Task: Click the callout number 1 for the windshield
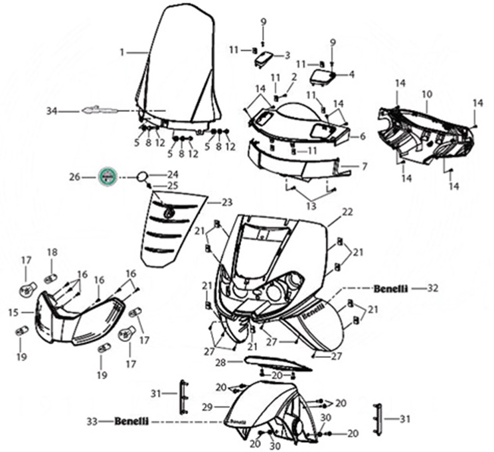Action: coord(122,51)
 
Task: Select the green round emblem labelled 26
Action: coord(108,177)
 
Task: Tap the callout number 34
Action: coord(52,111)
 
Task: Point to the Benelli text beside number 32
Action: coord(390,288)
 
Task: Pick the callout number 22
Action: coord(347,212)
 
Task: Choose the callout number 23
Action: coord(227,201)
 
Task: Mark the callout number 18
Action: coord(52,252)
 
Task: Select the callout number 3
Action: coord(288,54)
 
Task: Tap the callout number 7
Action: coord(364,166)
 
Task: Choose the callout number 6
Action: coord(363,137)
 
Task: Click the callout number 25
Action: coord(173,185)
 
